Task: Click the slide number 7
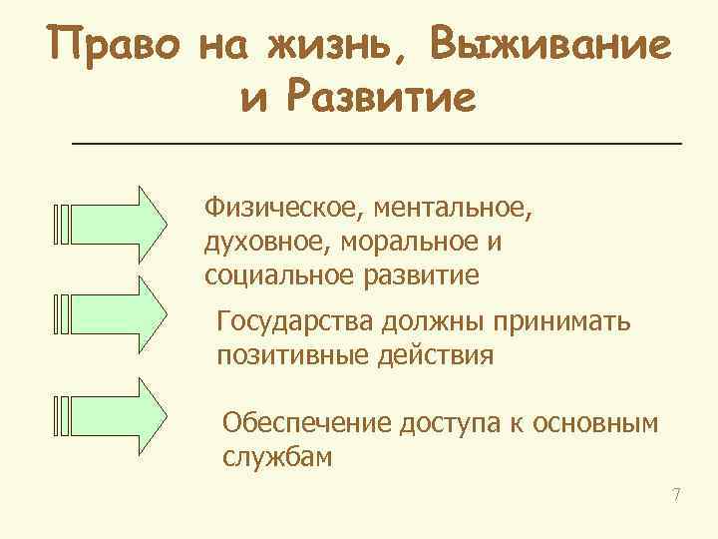[x=675, y=495]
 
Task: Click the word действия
[x=442, y=355]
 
